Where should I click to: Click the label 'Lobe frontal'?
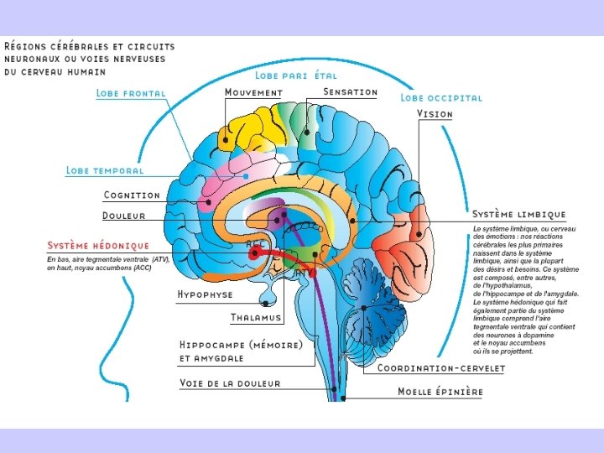131,93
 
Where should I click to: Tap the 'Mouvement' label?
253,92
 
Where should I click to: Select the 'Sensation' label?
350,91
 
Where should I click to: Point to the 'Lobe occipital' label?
441,97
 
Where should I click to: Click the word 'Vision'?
435,114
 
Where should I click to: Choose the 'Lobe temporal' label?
105,170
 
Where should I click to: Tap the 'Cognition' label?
132,195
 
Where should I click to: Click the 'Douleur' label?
124,216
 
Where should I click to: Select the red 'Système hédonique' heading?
98,246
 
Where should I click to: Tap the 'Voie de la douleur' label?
230,383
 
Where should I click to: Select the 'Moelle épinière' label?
440,391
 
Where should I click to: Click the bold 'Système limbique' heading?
518,215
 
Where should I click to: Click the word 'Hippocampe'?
213,344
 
